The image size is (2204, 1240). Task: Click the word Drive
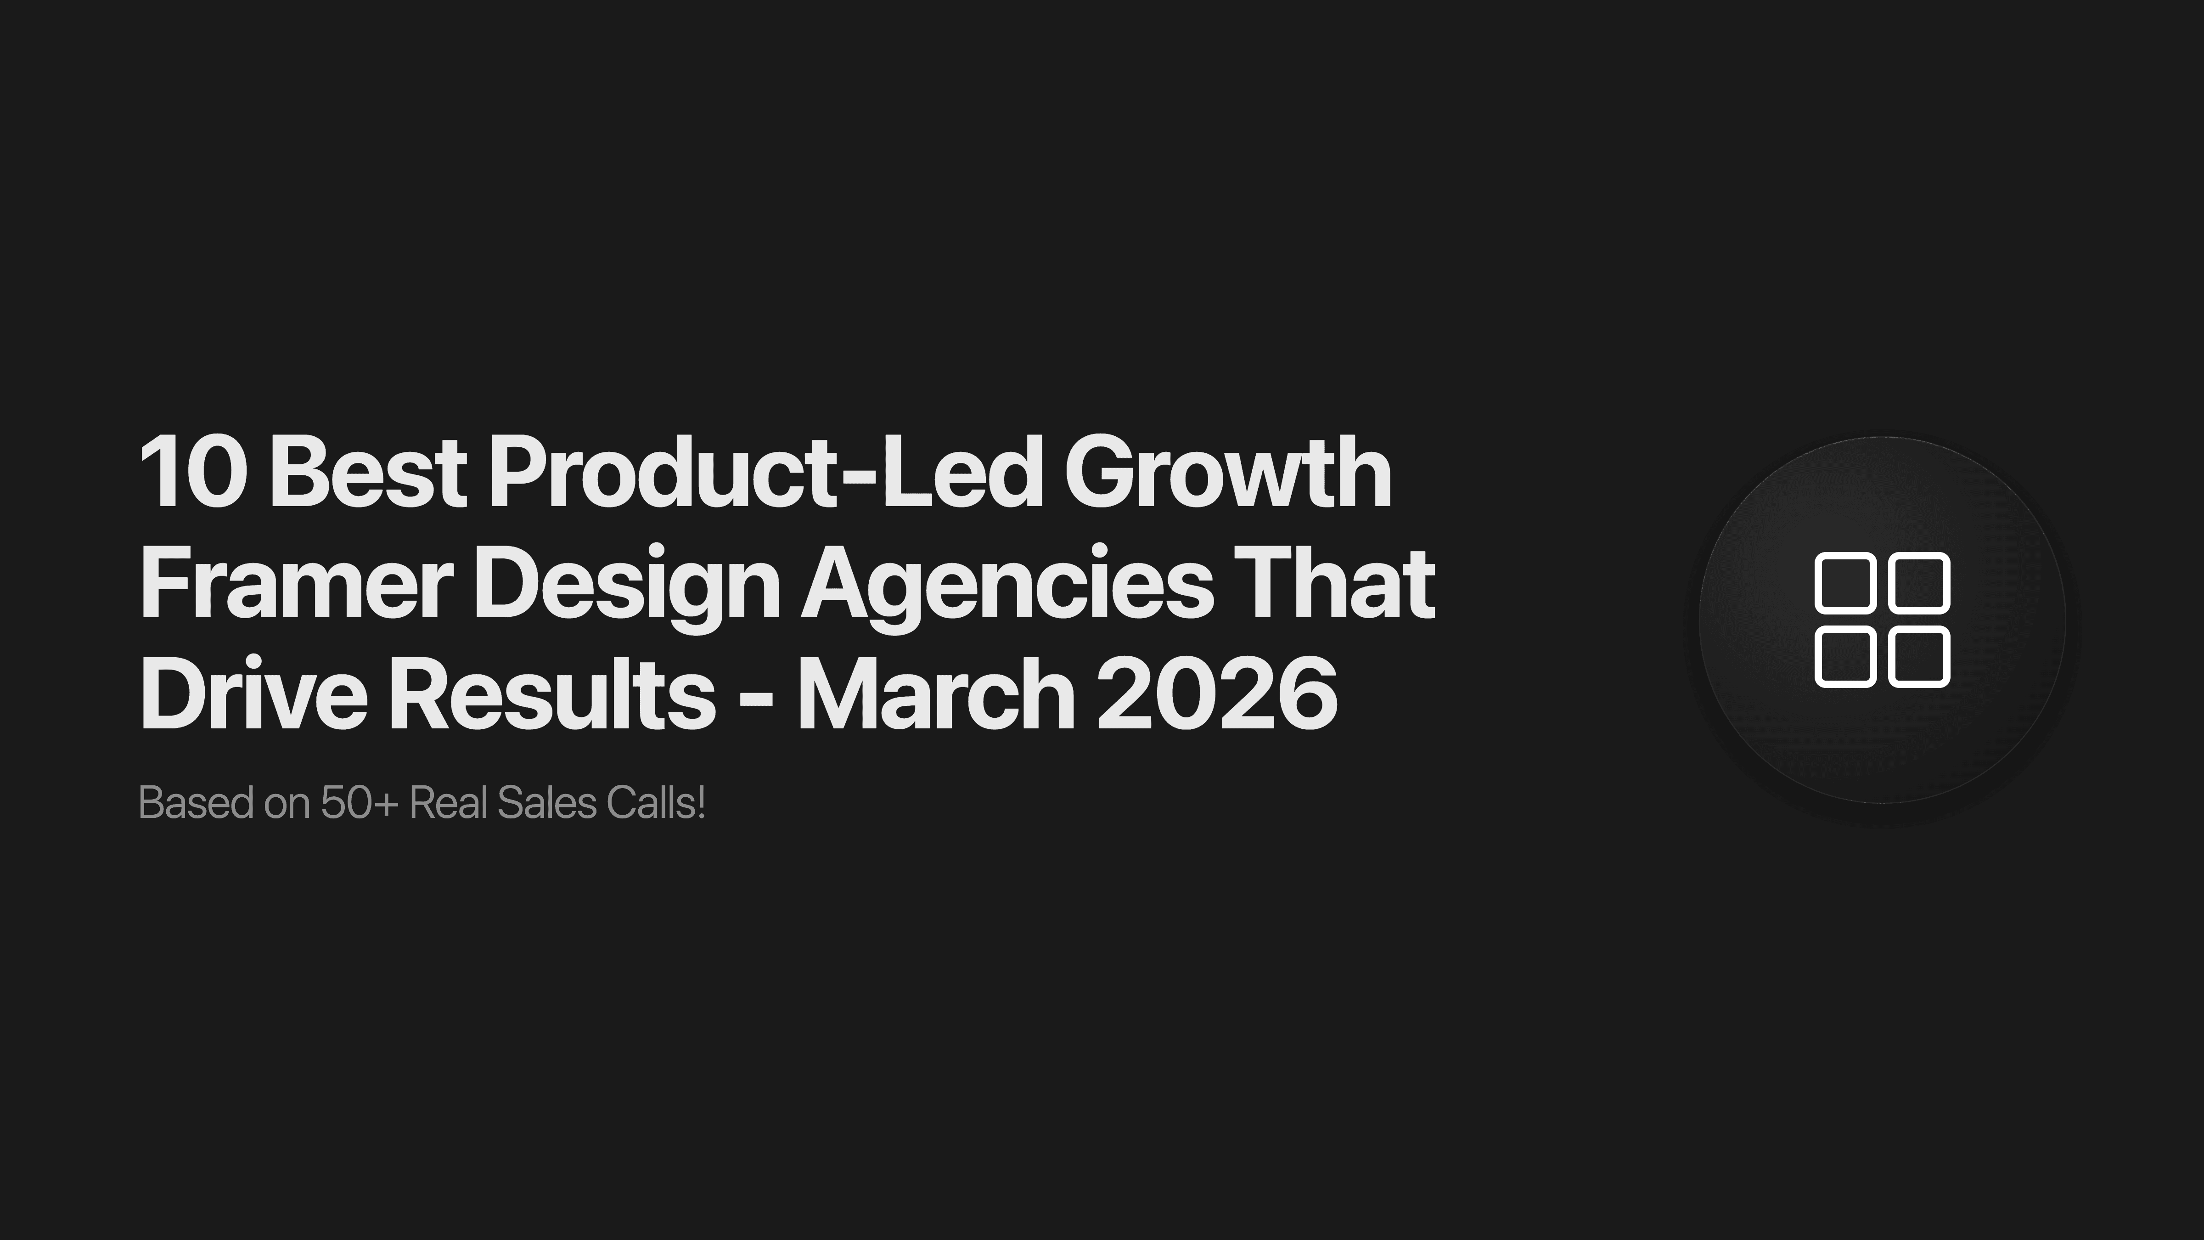pos(253,693)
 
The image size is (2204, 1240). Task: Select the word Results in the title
pos(552,693)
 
